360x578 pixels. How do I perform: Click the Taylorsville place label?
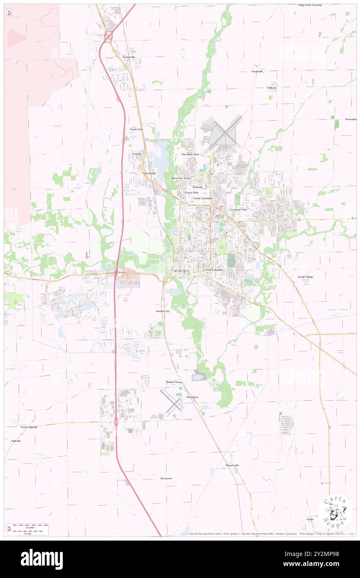tap(128, 57)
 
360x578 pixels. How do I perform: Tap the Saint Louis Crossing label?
tap(310, 5)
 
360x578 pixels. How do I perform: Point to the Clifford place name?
tap(271, 88)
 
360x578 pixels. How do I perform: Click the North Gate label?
tap(136, 129)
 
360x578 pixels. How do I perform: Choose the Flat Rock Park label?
tap(190, 154)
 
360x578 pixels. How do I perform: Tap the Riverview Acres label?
tap(180, 178)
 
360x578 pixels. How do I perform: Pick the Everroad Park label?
tap(238, 210)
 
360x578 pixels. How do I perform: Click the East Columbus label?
tap(215, 270)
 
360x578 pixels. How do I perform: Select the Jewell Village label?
tap(307, 277)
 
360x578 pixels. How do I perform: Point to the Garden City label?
tap(163, 311)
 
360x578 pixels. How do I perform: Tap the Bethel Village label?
tap(175, 382)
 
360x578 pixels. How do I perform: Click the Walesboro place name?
tap(192, 397)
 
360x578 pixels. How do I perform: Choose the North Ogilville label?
tap(29, 427)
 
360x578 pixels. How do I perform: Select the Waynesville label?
tap(232, 465)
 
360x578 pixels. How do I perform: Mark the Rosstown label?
tap(166, 479)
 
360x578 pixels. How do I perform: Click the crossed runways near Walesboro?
tap(171, 403)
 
